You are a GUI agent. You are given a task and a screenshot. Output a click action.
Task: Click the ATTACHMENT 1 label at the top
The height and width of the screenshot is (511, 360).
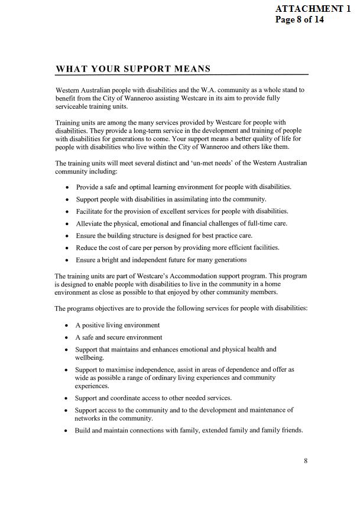(317, 9)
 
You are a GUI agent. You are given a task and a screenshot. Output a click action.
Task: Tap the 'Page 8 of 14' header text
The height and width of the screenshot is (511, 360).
(300, 19)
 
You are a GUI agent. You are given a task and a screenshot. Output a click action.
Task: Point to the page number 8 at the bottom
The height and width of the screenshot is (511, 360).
(306, 461)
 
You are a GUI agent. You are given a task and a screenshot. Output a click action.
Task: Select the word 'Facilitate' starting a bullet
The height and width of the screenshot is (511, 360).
(90, 211)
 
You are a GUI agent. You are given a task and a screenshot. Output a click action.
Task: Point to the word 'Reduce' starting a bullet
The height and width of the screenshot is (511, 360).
(87, 248)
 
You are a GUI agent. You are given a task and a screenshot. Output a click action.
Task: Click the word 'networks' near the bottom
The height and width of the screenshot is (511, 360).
(89, 418)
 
